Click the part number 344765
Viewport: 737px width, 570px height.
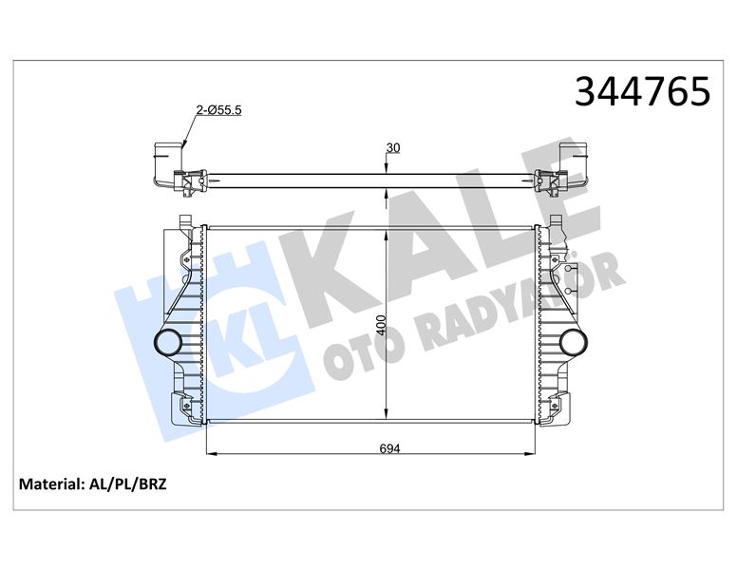[x=642, y=91]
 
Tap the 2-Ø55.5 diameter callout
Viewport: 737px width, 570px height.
[x=218, y=110]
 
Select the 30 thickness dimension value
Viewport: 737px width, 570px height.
[x=393, y=147]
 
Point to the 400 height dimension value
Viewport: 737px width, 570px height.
[x=381, y=325]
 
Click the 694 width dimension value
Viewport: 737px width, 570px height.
[x=389, y=448]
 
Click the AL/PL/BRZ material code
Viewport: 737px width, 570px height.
[x=127, y=484]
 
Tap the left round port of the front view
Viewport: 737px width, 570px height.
[x=167, y=342]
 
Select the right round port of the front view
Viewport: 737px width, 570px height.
[x=574, y=342]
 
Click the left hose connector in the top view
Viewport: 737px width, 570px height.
[x=168, y=153]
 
